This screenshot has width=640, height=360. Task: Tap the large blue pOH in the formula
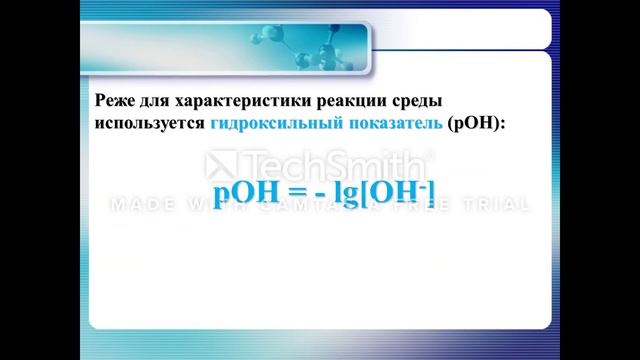[246, 191]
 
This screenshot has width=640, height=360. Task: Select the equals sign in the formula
[300, 192]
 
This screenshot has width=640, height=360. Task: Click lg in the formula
[345, 192]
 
